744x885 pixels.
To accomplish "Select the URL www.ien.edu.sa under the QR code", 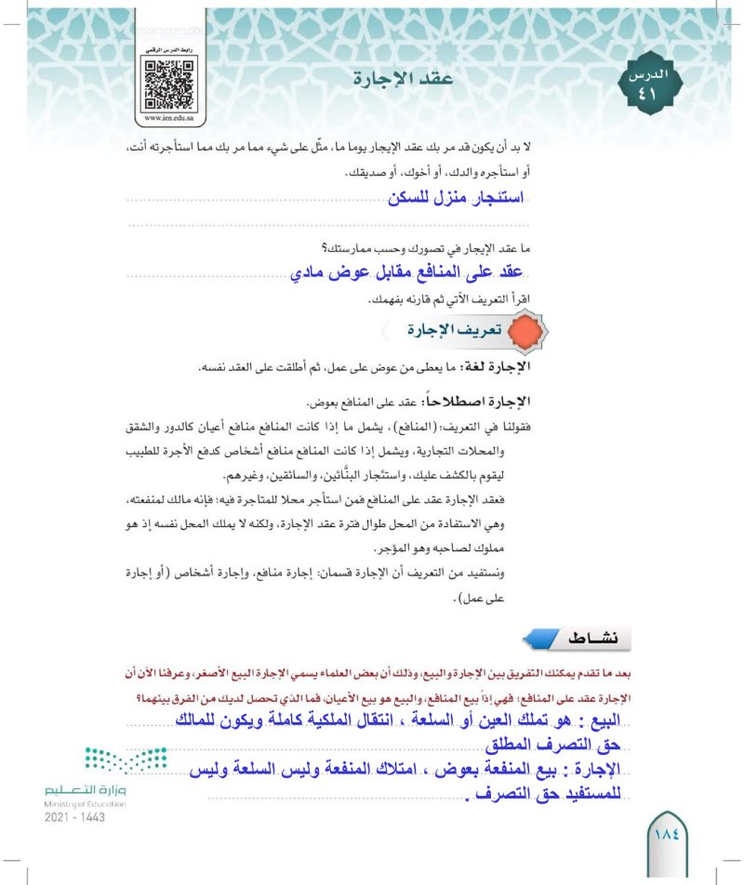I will pyautogui.click(x=168, y=119).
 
